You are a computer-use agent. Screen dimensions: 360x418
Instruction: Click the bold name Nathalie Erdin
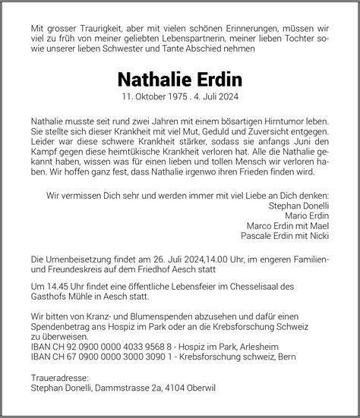pyautogui.click(x=180, y=80)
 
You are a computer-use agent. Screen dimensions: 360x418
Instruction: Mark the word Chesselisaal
pyautogui.click(x=260, y=284)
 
